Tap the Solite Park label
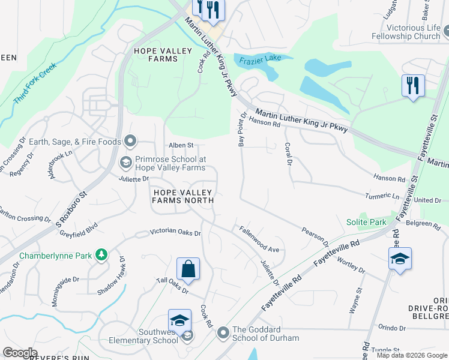pos(366,222)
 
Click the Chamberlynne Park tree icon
pos(102,256)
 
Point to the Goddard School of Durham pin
pos(223,332)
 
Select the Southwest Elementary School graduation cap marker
pos(179,321)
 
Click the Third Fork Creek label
pos(35,83)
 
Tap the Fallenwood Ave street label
pos(259,239)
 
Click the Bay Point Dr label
pos(242,129)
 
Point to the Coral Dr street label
pos(288,155)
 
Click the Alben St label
pos(181,145)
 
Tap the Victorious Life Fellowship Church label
pos(414,32)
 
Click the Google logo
pos(20,353)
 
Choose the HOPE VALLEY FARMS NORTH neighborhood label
pos(182,196)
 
